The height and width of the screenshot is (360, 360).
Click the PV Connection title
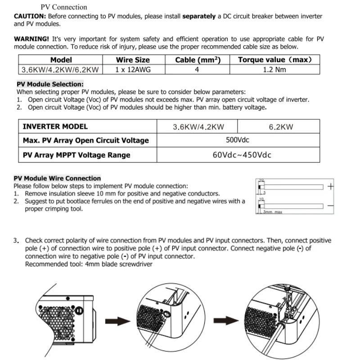pyautogui.click(x=64, y=7)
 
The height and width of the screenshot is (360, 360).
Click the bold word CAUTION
pyautogui.click(x=30, y=16)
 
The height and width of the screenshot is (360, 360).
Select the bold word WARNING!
pyautogui.click(x=32, y=39)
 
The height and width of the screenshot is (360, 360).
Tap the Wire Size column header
pyautogui.click(x=133, y=60)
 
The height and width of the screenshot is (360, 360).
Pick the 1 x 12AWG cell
pyautogui.click(x=133, y=69)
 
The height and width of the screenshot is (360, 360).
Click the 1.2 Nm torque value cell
pyautogui.click(x=274, y=69)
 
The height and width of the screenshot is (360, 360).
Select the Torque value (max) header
pyautogui.click(x=274, y=60)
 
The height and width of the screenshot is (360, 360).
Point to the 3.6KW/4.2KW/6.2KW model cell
pyautogui.click(x=61, y=69)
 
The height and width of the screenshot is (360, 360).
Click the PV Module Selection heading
pyautogui.click(x=50, y=84)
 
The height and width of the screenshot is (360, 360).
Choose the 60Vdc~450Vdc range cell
pyautogui.click(x=242, y=155)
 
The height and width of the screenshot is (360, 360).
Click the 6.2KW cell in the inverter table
pyautogui.click(x=281, y=127)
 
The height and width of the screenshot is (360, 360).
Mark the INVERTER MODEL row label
pyautogui.click(x=55, y=127)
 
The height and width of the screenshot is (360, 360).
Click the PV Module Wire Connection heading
pyautogui.click(x=57, y=178)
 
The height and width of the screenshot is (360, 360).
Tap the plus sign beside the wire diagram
pyautogui.click(x=331, y=187)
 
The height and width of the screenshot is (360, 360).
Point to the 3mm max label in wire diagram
pyautogui.click(x=272, y=211)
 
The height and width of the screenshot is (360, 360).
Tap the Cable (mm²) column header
pyautogui.click(x=198, y=60)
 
